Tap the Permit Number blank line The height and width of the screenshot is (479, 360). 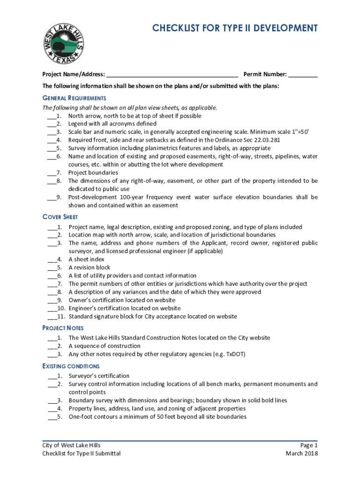tap(303, 74)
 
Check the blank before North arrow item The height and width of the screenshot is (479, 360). tap(51, 116)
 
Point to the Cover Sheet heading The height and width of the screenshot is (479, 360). tap(60, 217)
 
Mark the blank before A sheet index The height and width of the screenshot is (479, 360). tap(51, 260)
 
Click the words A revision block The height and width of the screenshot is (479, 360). tap(89, 268)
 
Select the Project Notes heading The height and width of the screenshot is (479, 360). tap(63, 328)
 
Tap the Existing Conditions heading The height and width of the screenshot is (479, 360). tap(71, 366)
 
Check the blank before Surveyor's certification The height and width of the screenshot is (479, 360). tap(51, 376)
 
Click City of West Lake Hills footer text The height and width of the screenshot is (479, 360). tap(71, 445)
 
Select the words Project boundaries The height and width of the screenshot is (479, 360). tap(93, 173)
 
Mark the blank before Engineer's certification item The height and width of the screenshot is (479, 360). tap(51, 309)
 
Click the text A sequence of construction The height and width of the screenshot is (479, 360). tap(104, 346)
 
